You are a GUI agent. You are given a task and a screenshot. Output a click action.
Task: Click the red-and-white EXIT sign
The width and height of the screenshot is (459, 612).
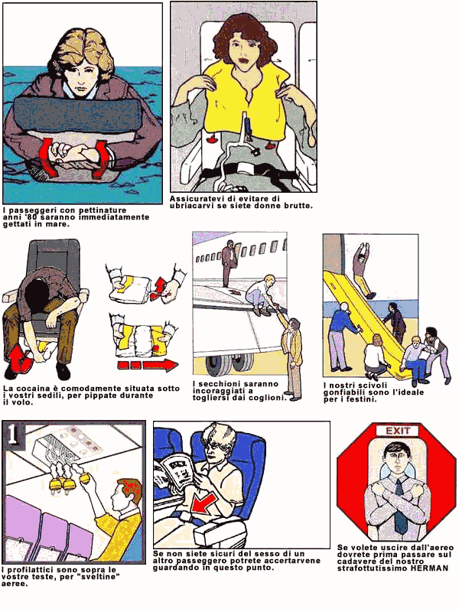(x=397, y=431)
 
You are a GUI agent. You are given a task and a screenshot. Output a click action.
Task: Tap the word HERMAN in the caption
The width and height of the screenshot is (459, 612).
(x=429, y=568)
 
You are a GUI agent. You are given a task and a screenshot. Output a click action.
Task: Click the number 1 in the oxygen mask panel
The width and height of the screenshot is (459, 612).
(x=12, y=434)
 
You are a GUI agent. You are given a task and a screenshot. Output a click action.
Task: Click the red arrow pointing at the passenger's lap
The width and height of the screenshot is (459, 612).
(x=203, y=503)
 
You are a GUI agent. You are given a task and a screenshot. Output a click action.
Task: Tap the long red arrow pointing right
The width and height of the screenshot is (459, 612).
(x=148, y=366)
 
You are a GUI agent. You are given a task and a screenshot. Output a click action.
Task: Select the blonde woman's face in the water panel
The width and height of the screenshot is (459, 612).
(x=81, y=76)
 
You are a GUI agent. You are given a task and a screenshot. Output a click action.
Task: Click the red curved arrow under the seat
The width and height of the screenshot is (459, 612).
(x=18, y=360)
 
